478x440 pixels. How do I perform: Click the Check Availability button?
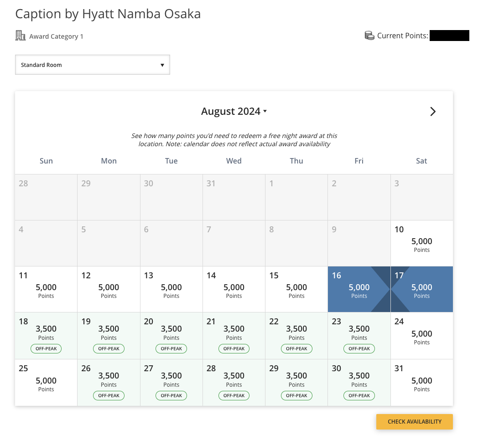pyautogui.click(x=414, y=422)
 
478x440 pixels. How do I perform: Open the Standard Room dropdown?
pyautogui.click(x=93, y=65)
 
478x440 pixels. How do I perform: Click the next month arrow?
pyautogui.click(x=433, y=112)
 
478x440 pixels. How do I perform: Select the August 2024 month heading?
pyautogui.click(x=234, y=112)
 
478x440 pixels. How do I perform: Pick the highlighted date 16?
pyautogui.click(x=359, y=289)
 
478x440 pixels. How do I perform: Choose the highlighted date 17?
pyautogui.click(x=422, y=289)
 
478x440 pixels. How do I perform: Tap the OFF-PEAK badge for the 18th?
pyautogui.click(x=46, y=348)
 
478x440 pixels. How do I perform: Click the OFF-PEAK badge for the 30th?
pyautogui.click(x=359, y=395)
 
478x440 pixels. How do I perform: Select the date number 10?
pyautogui.click(x=399, y=229)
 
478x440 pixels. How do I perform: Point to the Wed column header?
pyautogui.click(x=234, y=161)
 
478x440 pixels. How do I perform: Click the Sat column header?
pyautogui.click(x=421, y=161)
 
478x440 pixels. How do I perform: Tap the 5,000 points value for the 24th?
pyautogui.click(x=421, y=334)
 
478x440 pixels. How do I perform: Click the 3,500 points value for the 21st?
pyautogui.click(x=234, y=329)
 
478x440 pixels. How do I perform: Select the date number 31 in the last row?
pyautogui.click(x=399, y=368)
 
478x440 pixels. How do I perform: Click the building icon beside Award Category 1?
pyautogui.click(x=21, y=36)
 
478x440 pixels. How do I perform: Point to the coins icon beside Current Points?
pyautogui.click(x=369, y=36)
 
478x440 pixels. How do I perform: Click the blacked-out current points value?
pyautogui.click(x=449, y=36)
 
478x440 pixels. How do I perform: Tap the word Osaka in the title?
pyautogui.click(x=182, y=14)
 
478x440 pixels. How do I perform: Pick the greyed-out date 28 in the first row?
pyautogui.click(x=23, y=183)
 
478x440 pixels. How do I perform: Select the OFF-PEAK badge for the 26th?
pyautogui.click(x=109, y=395)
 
